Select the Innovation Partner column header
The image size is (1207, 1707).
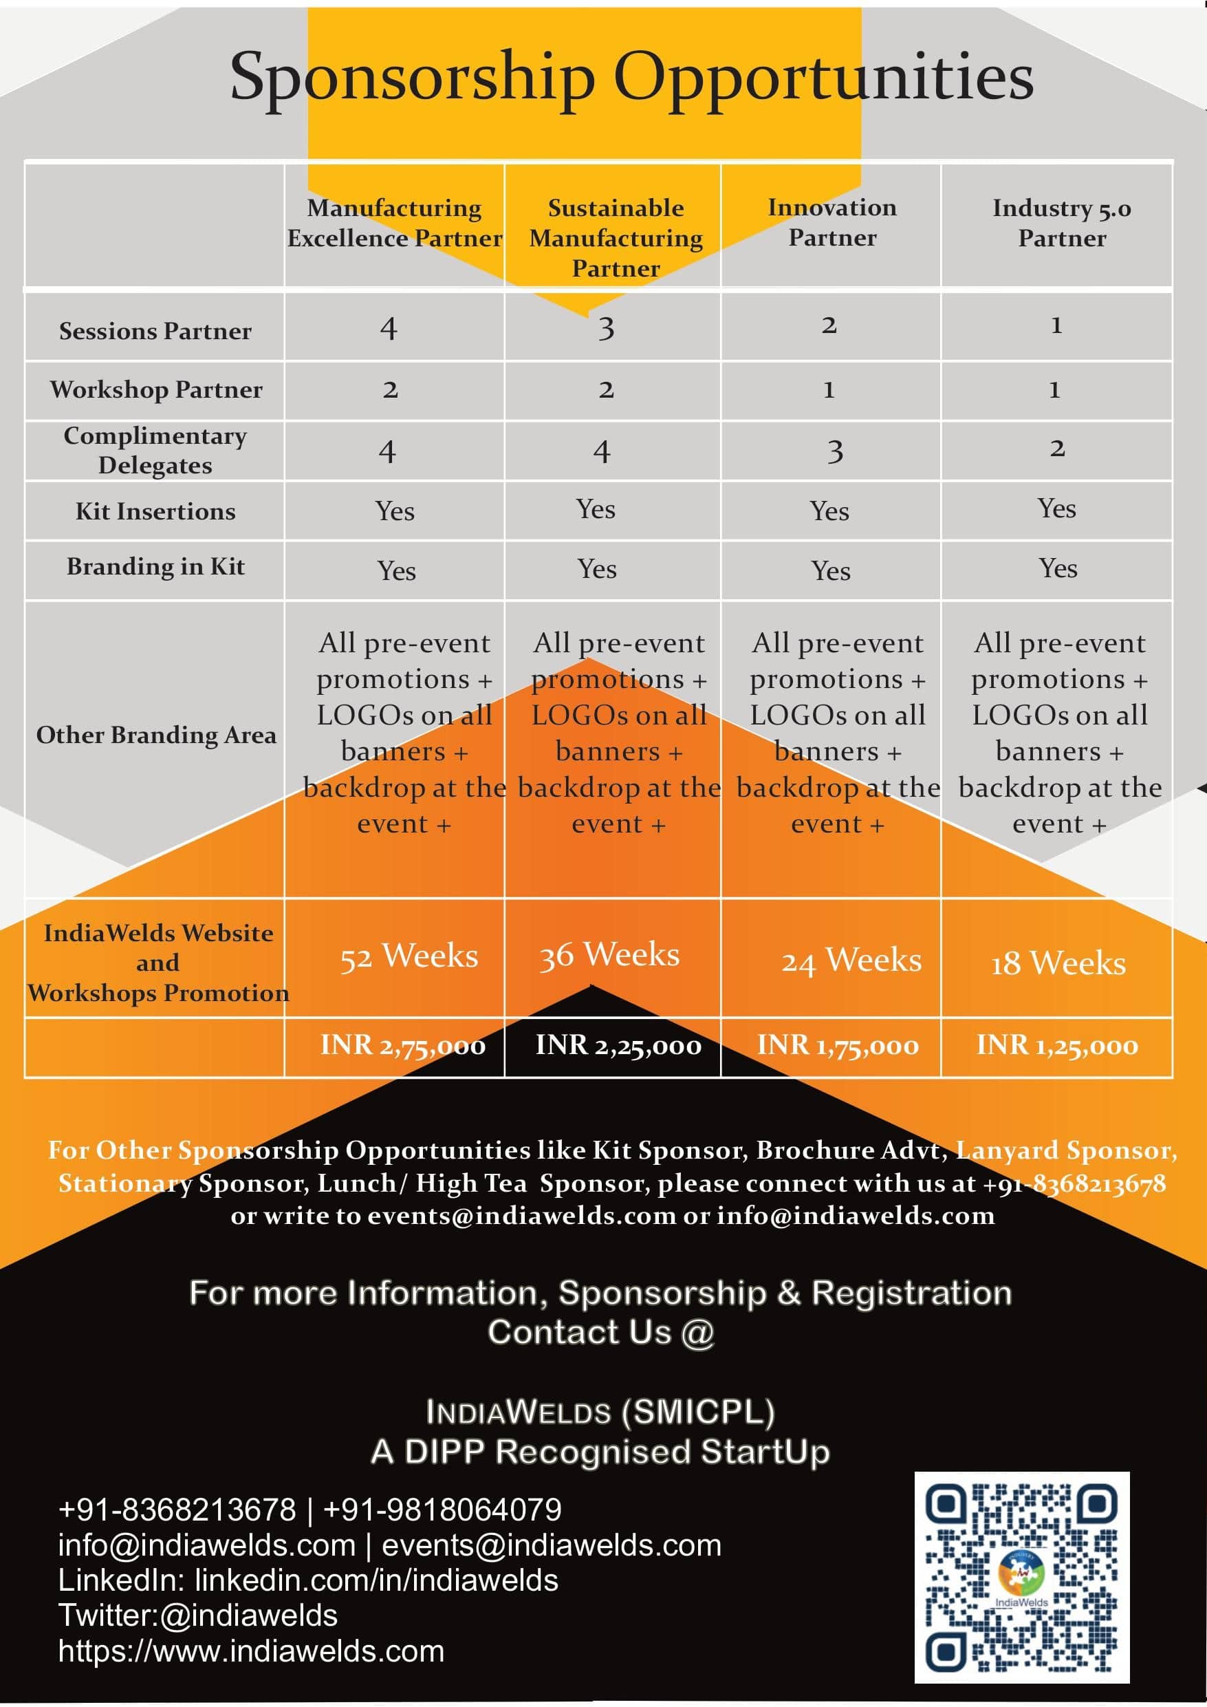tap(831, 222)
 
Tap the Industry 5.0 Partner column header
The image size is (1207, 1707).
tap(1061, 223)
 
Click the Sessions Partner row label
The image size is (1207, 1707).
tap(155, 331)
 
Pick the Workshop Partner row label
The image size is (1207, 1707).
tap(156, 389)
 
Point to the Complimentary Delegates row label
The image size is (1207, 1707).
tap(155, 451)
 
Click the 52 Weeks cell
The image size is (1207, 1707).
tap(409, 956)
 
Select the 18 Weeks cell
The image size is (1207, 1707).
tap(1058, 963)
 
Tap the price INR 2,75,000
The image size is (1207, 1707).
tap(403, 1045)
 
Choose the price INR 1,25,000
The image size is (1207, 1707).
tap(1057, 1045)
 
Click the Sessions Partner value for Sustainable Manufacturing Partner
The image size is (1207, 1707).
tap(607, 328)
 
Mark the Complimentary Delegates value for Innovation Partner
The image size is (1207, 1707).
tap(835, 451)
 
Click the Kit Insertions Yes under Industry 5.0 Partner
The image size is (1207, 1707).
tap(1056, 509)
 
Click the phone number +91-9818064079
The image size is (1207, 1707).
tap(442, 1510)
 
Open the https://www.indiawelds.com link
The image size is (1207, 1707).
tap(251, 1651)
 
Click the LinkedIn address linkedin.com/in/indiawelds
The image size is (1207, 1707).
tap(376, 1580)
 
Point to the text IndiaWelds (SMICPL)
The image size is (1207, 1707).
tap(600, 1412)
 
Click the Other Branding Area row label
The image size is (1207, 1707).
tap(156, 736)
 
